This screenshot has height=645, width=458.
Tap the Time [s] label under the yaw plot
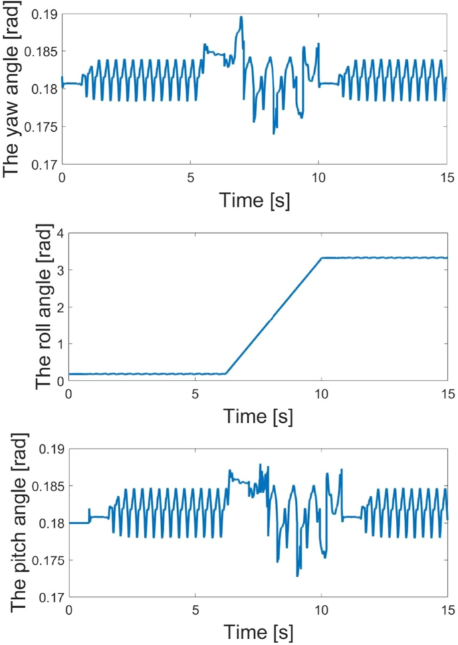(253, 200)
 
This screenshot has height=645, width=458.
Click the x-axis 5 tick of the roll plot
(195, 394)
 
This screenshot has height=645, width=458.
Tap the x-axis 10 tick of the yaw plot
(318, 178)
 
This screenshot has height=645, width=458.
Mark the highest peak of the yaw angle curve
(241, 17)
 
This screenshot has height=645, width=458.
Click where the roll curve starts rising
(226, 373)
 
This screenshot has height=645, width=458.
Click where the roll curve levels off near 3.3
(322, 258)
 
